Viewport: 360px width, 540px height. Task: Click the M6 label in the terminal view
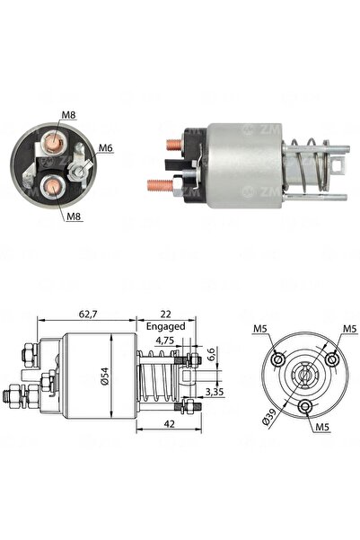106,147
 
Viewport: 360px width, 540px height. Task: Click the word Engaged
165,326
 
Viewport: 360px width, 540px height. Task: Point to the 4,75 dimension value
165,341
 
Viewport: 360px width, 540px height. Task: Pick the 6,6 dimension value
211,355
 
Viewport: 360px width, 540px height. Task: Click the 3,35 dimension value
215,392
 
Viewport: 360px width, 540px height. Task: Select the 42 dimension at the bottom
170,424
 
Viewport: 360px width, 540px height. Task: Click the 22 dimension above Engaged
165,314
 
